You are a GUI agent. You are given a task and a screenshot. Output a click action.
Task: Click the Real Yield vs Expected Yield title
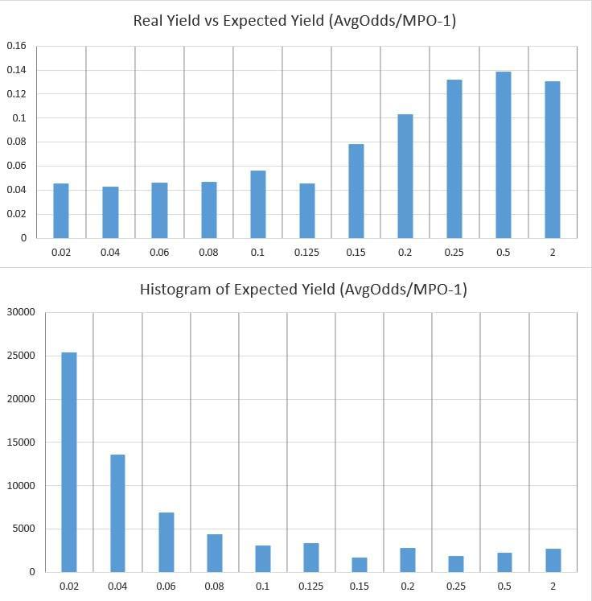click(295, 21)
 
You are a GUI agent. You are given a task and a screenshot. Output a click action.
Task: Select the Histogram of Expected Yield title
click(303, 289)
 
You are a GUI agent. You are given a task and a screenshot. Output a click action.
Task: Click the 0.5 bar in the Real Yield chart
click(504, 154)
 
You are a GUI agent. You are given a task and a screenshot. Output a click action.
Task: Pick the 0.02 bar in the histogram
click(69, 462)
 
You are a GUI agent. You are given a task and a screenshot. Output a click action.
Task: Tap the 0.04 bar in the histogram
click(117, 513)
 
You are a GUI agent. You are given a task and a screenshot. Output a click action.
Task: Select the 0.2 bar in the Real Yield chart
click(405, 176)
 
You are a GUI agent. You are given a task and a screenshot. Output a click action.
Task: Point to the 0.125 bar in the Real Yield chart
click(307, 211)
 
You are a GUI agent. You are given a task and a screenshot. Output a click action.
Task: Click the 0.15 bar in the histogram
click(360, 565)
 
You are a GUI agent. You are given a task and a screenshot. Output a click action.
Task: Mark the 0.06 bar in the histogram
click(166, 542)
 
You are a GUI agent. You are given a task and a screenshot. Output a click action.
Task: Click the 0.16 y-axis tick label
click(17, 46)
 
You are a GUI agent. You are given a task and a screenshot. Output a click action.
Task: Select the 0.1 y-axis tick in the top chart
click(20, 118)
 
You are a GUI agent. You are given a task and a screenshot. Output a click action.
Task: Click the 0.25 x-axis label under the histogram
click(456, 587)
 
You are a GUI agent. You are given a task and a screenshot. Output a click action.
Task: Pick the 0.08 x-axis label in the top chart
click(208, 253)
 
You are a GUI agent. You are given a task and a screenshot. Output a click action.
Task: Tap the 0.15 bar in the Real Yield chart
click(356, 191)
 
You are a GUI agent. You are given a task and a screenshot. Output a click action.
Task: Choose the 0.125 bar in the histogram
click(311, 558)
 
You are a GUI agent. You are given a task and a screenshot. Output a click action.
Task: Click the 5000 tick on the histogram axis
click(26, 529)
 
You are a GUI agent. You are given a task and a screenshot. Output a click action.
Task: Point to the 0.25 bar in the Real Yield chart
click(454, 158)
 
